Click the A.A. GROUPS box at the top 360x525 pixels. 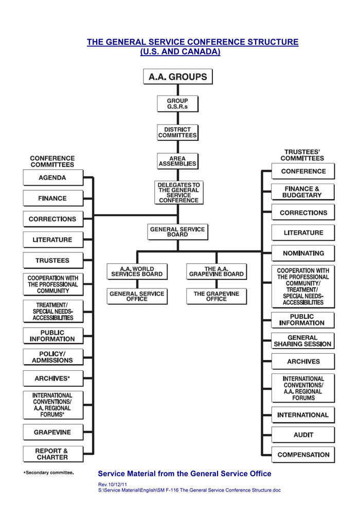(177, 77)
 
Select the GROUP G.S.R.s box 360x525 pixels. (177, 103)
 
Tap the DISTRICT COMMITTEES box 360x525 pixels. (177, 132)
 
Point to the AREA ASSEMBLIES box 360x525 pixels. (177, 161)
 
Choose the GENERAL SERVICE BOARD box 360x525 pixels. (177, 232)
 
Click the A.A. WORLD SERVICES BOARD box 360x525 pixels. (137, 271)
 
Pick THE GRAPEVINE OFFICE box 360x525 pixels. (217, 296)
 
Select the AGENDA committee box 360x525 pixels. (52, 178)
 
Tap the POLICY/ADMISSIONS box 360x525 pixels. (52, 357)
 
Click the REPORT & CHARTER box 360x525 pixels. (52, 454)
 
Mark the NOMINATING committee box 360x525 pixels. (303, 253)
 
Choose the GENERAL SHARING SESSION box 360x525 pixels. (303, 341)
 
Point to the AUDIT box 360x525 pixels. (303, 435)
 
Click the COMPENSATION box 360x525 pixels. (303, 455)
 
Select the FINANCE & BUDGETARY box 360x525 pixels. (303, 192)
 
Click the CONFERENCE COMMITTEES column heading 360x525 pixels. (52, 161)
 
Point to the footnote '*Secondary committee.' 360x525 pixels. (49, 473)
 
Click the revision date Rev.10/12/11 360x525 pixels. (113, 484)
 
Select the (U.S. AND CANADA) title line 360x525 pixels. (180, 52)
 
